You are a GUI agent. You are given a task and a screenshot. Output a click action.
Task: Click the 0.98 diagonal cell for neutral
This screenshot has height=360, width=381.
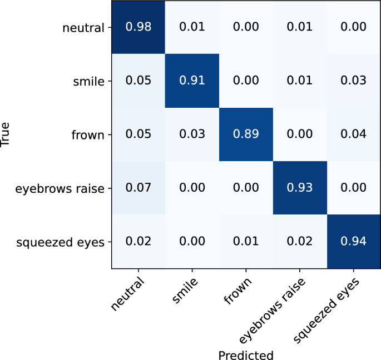point(138,27)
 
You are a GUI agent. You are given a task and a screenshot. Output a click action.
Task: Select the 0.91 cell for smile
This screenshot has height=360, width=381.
point(192,81)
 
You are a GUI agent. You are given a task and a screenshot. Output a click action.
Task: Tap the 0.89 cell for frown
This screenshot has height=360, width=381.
point(246,134)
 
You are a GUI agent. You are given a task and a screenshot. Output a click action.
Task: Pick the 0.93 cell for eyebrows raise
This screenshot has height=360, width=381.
point(300,188)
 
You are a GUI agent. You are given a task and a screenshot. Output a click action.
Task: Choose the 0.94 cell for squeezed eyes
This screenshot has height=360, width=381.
point(354,242)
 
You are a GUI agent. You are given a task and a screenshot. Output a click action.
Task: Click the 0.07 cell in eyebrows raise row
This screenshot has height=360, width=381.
point(138,188)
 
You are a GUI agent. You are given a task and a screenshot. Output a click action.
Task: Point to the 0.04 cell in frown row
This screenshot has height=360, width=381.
point(354,134)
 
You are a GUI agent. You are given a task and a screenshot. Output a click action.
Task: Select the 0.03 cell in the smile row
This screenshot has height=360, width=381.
point(354,81)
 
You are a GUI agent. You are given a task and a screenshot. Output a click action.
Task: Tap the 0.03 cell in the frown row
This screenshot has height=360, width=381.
point(192,134)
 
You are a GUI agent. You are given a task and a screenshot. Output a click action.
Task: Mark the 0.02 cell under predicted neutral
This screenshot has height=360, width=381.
point(138,242)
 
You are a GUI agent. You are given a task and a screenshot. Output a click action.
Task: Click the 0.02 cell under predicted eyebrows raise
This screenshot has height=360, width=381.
point(300,242)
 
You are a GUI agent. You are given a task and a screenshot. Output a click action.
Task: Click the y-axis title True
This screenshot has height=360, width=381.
point(7,134)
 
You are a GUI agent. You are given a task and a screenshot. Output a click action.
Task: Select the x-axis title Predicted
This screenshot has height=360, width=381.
point(246,354)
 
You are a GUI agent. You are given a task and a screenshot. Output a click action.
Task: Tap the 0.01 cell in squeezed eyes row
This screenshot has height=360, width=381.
point(246,242)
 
